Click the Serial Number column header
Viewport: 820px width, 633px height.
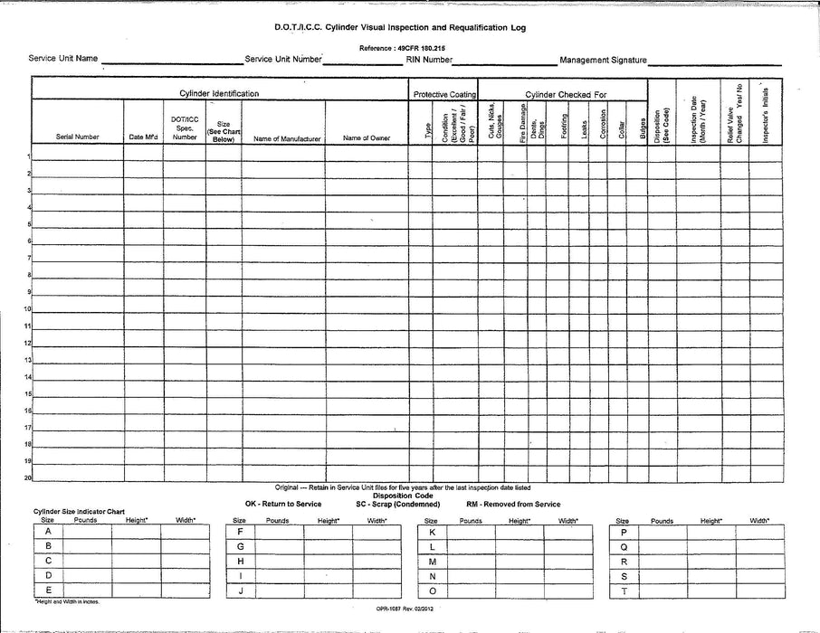pyautogui.click(x=77, y=137)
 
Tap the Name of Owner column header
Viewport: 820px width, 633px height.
pyautogui.click(x=367, y=138)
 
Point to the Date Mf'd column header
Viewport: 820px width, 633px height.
pyautogui.click(x=143, y=137)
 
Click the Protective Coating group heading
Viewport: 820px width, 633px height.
pyautogui.click(x=444, y=94)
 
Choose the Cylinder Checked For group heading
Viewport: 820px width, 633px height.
pyautogui.click(x=566, y=94)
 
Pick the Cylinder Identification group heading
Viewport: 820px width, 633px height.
pyautogui.click(x=219, y=94)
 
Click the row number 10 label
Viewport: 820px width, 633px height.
pyautogui.click(x=28, y=308)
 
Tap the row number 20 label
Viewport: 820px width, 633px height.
pyautogui.click(x=28, y=477)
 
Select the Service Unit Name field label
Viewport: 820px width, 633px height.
pyautogui.click(x=62, y=59)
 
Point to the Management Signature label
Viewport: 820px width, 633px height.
pyautogui.click(x=603, y=60)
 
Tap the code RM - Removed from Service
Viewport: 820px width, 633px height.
pyautogui.click(x=512, y=504)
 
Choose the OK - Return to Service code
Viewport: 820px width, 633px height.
pyautogui.click(x=283, y=504)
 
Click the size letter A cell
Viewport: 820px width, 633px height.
pyautogui.click(x=48, y=532)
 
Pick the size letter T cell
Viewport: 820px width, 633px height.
pyautogui.click(x=624, y=590)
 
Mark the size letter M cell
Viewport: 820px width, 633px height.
pyautogui.click(x=432, y=562)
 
